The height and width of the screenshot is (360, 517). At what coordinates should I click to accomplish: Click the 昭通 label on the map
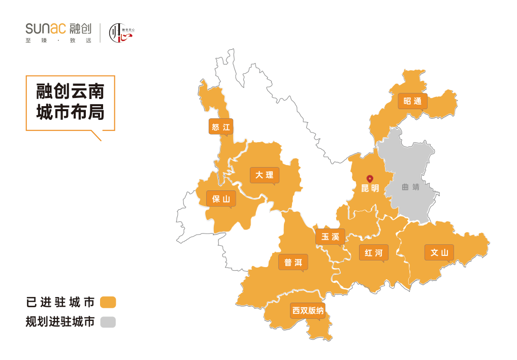[x=412, y=101]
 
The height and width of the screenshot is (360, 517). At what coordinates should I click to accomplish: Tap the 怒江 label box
[x=221, y=127]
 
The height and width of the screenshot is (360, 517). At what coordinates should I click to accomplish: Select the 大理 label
[x=265, y=175]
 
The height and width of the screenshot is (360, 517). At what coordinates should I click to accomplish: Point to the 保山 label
[x=221, y=199]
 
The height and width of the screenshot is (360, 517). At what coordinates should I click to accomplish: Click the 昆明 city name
[x=370, y=188]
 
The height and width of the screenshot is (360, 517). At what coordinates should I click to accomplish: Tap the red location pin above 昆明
[x=370, y=179]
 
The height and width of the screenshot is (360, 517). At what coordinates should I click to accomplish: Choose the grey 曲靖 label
[x=410, y=187]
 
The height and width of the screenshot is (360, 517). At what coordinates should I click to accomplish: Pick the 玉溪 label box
[x=330, y=237]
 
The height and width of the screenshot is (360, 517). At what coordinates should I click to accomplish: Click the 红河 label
[x=373, y=252]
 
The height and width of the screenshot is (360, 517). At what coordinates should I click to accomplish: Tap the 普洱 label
[x=293, y=262]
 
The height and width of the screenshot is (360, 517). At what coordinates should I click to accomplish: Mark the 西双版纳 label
[x=308, y=311]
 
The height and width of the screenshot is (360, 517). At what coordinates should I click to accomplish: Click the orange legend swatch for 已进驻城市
[x=108, y=302]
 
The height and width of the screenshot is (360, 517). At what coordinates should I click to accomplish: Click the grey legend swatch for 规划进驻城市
[x=108, y=322]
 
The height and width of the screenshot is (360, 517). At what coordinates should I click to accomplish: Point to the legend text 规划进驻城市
[x=60, y=322]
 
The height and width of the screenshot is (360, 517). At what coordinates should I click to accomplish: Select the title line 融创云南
[x=70, y=91]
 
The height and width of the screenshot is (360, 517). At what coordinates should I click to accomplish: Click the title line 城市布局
[x=70, y=112]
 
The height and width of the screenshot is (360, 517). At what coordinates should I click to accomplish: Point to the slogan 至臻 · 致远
[x=58, y=41]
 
